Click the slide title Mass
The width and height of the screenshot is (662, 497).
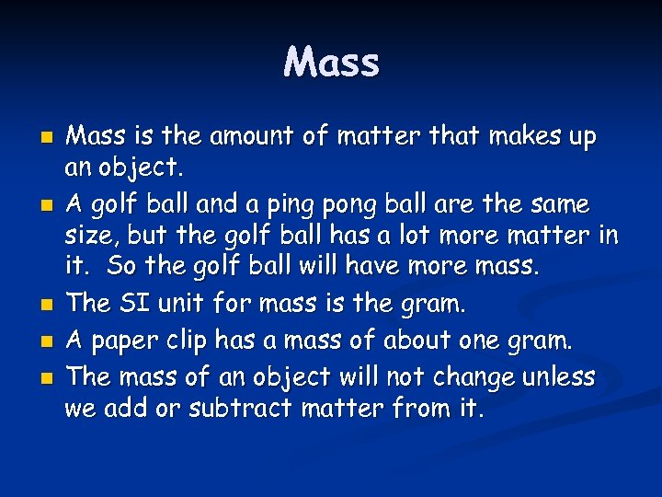[331, 63]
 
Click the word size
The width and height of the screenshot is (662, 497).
[89, 237]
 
